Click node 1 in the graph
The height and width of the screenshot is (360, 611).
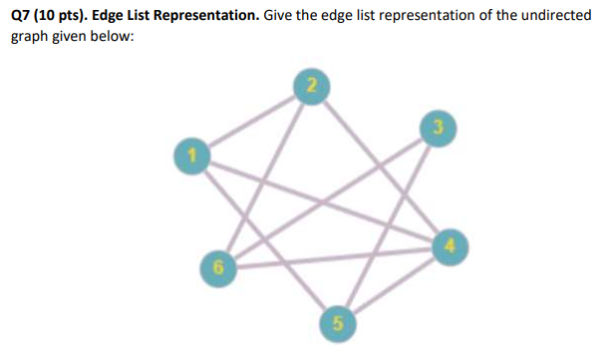[183, 155]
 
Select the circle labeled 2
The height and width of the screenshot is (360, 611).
[311, 85]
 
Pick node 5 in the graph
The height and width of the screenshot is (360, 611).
[338, 322]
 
